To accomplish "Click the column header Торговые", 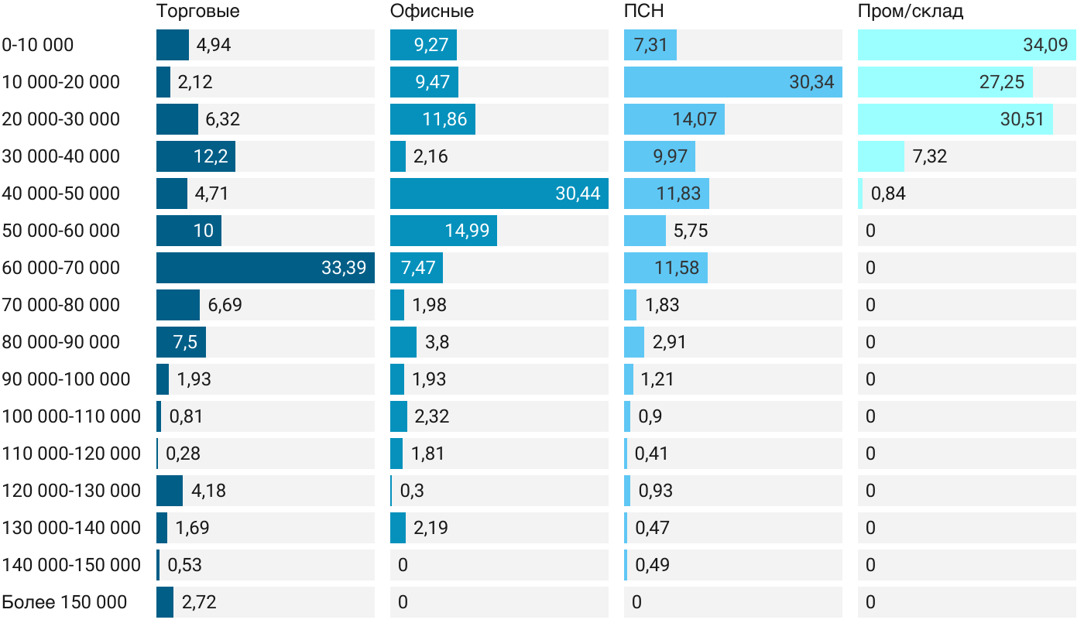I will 197,12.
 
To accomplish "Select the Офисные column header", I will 432,12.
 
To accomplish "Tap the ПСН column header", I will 644,12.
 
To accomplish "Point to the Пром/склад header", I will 911,12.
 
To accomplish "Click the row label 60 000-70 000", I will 61,268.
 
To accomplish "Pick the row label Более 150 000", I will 64,602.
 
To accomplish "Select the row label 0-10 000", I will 38,45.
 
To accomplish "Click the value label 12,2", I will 211,156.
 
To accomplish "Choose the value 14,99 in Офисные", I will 467,231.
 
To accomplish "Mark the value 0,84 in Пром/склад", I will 888,193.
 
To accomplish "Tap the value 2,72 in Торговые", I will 199,602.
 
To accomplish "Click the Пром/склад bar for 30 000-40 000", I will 881,156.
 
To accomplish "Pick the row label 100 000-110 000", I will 71,416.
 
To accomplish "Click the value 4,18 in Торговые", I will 208,491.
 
